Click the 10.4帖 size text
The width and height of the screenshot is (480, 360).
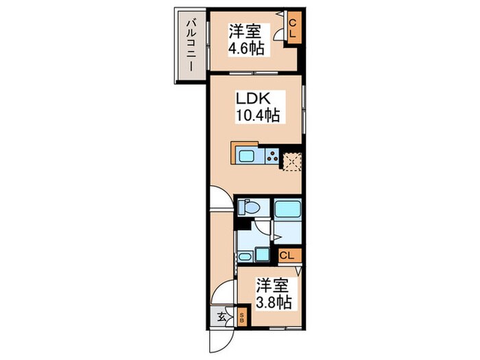256,116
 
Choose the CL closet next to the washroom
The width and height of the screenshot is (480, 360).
288,255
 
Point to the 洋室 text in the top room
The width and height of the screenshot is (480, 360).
245,30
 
